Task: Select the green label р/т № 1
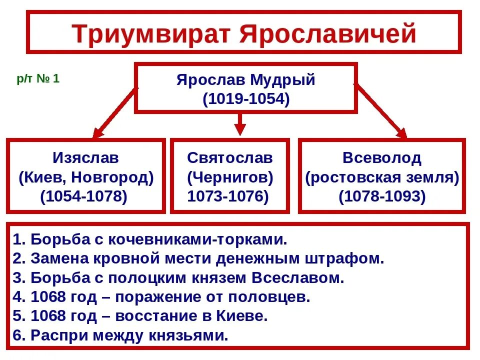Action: [38, 79]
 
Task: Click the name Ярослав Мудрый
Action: [246, 80]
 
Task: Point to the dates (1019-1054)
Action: [246, 98]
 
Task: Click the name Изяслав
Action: [85, 158]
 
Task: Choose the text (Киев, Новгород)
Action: [85, 177]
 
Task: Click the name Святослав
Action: [230, 158]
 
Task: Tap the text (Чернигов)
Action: [230, 177]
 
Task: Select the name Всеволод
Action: [382, 158]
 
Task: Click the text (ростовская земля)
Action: [382, 177]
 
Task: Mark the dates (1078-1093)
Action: [382, 196]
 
